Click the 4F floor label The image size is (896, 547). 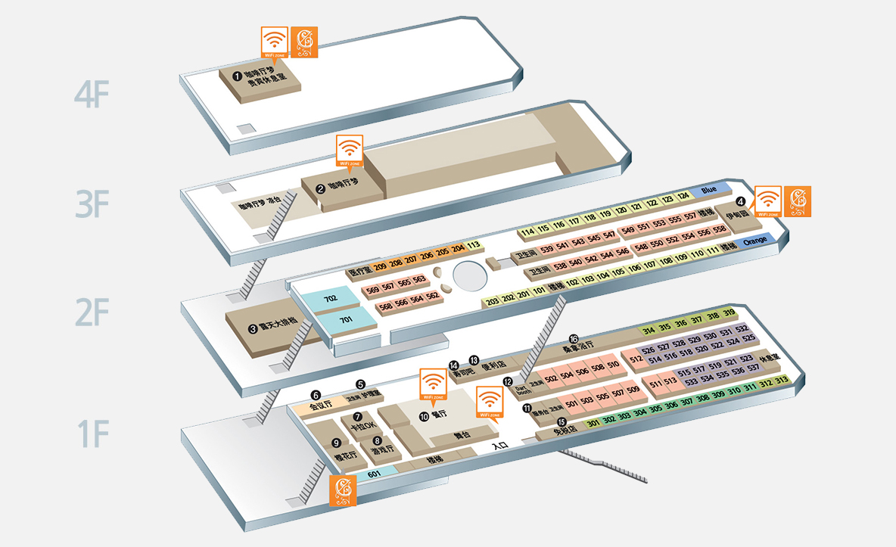click(92, 96)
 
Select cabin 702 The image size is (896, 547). click(330, 300)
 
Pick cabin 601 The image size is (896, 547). click(373, 474)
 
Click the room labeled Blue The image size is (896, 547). click(708, 190)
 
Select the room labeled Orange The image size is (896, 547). click(755, 241)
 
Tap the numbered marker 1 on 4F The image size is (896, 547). click(237, 76)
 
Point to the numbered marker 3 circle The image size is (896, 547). click(254, 329)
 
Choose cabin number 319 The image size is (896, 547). click(730, 313)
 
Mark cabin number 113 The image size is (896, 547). click(474, 245)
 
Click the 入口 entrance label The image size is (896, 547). click(499, 446)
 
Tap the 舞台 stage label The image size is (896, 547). click(462, 435)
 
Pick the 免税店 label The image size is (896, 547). click(565, 429)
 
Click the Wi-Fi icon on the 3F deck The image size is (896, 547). click(349, 149)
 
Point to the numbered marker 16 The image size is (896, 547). click(573, 339)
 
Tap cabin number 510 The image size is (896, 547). click(614, 365)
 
